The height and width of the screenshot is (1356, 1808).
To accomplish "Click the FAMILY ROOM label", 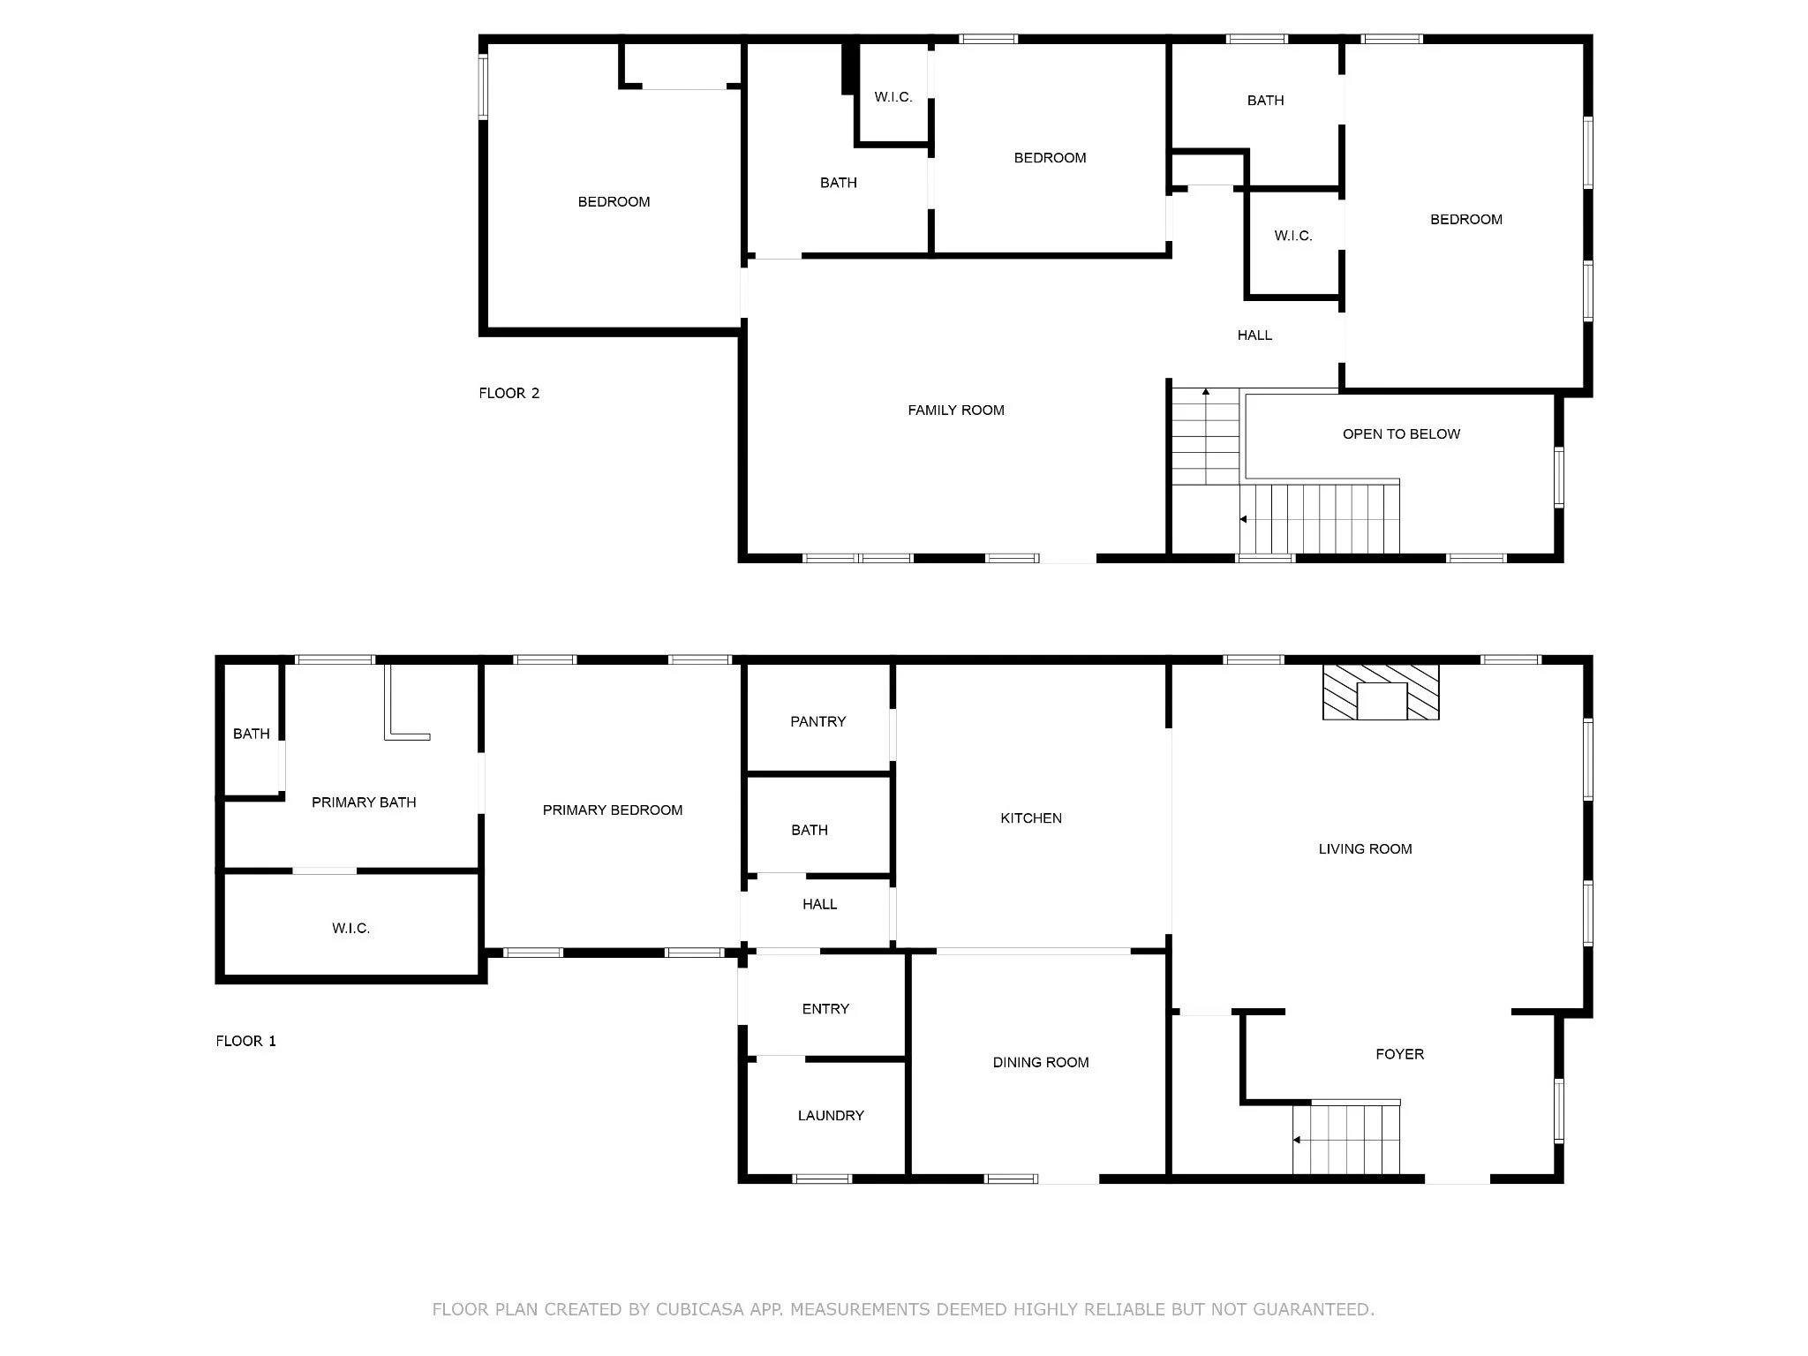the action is tap(956, 410).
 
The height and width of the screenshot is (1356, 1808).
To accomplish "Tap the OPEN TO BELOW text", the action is tap(1401, 433).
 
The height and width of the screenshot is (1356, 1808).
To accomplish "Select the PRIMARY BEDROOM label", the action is tap(613, 810).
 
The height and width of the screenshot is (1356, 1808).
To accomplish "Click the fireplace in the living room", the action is tap(1381, 692).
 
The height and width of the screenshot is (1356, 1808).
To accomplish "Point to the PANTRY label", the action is tap(818, 721).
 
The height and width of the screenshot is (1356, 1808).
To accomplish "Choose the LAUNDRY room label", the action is tap(831, 1115).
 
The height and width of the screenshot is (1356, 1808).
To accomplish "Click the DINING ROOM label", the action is tap(1041, 1062).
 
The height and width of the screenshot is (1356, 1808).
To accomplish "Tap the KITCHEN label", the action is tap(1031, 817).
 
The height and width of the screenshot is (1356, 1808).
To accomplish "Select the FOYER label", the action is tap(1400, 1053).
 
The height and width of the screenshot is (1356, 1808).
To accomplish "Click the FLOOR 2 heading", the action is tap(509, 393).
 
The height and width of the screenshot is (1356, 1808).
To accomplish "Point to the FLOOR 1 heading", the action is tap(246, 1041).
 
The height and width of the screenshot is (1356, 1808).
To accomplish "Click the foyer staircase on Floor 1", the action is tap(1346, 1138).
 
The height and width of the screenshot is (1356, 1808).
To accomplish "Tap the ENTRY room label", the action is tap(825, 1008).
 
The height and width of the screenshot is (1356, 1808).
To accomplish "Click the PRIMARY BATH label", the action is tap(364, 802).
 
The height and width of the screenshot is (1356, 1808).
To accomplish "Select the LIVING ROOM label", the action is tap(1366, 848).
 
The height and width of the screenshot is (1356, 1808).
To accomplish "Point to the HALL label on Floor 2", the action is tap(1254, 335).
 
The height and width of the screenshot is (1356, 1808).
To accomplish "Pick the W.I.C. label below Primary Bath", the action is tap(351, 928).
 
